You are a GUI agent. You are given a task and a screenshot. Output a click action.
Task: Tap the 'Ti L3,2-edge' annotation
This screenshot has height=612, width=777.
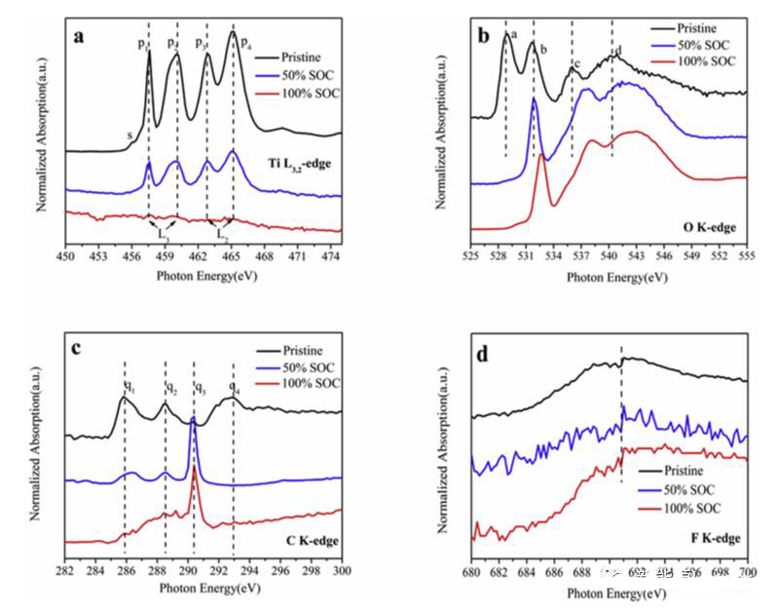click(297, 161)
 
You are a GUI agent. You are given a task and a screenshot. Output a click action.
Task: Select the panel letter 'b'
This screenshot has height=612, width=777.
click(485, 38)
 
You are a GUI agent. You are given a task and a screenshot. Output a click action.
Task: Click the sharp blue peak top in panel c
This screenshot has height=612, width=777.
click(193, 420)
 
